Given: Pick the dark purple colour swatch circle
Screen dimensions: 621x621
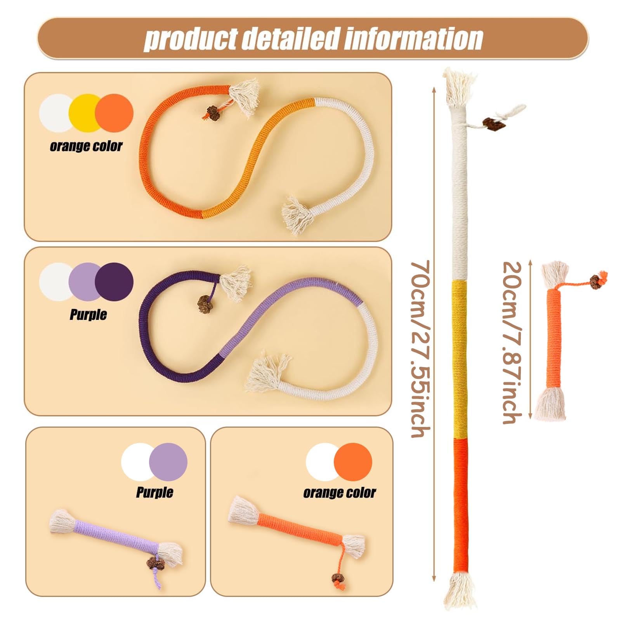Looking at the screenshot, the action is pos(114,281).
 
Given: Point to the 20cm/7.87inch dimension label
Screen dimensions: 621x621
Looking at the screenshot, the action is pos(512,342).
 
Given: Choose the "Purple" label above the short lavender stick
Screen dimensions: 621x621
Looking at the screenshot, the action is pos(154,492).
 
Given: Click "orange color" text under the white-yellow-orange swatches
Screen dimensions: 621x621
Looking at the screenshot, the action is pos(86,146).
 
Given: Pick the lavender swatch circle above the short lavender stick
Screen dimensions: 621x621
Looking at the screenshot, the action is pos(168,462).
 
